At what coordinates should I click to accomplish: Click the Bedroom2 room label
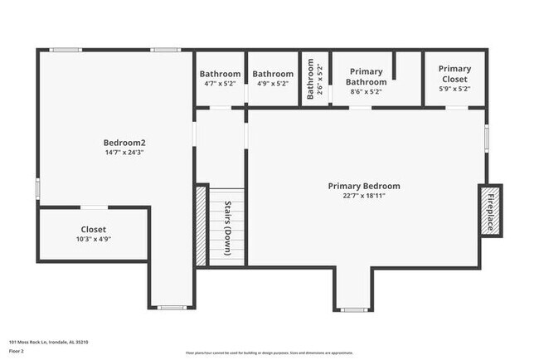tap(124, 142)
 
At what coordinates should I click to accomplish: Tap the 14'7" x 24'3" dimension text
tap(124, 153)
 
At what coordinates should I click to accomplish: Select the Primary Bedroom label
tap(364, 187)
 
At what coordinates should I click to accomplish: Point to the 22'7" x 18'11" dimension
tap(364, 197)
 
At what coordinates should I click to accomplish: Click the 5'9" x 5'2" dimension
tap(454, 89)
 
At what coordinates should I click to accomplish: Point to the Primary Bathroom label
tap(367, 77)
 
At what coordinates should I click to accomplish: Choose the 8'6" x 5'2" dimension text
tap(367, 93)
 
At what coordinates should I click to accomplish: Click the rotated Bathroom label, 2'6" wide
tap(311, 80)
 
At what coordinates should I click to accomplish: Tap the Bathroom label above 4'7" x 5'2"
tap(220, 74)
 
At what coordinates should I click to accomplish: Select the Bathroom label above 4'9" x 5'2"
tap(273, 74)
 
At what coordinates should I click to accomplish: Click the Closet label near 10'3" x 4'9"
tap(93, 229)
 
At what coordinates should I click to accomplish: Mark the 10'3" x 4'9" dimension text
tap(93, 239)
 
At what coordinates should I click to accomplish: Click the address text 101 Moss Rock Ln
tap(49, 341)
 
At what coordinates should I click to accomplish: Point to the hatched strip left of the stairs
tap(200, 226)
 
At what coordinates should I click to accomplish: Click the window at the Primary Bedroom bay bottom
tap(353, 309)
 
